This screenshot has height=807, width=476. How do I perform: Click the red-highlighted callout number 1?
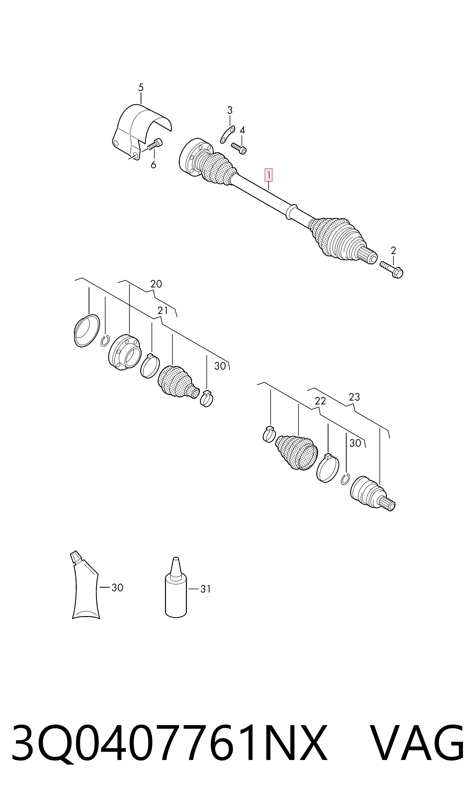click(268, 175)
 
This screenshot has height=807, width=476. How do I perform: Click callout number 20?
click(156, 284)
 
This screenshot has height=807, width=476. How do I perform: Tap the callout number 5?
click(141, 87)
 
